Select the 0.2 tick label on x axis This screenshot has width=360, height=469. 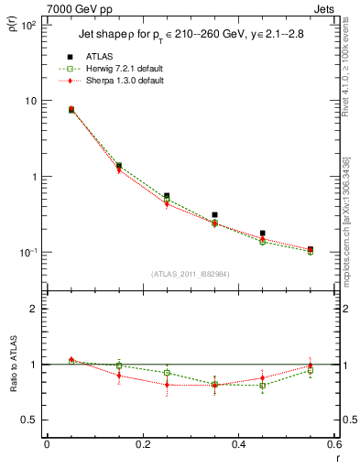(142, 445)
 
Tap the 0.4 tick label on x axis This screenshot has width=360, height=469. (239, 445)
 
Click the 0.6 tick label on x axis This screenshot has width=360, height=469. (334, 445)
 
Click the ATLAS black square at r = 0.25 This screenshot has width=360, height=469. (167, 195)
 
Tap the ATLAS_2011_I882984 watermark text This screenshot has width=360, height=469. (191, 274)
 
